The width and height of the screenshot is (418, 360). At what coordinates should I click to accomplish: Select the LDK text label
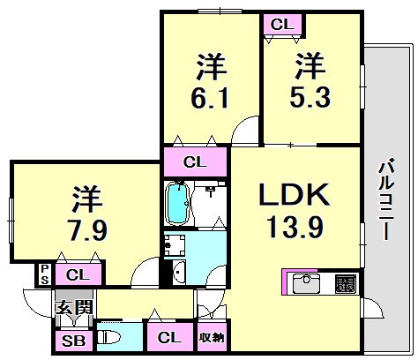(x=295, y=195)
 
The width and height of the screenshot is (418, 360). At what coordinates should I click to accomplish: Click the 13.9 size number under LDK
(x=295, y=228)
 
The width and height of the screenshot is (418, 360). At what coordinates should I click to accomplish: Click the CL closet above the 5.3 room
(x=281, y=25)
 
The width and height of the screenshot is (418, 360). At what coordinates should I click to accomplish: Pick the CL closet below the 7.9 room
(x=77, y=274)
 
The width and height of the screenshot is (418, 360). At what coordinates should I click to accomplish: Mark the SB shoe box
(x=70, y=340)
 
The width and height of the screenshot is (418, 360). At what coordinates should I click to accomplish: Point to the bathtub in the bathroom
(x=179, y=205)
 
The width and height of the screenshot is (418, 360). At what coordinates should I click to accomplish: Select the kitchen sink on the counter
(x=308, y=285)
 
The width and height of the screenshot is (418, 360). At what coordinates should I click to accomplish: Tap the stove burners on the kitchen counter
(x=345, y=285)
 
